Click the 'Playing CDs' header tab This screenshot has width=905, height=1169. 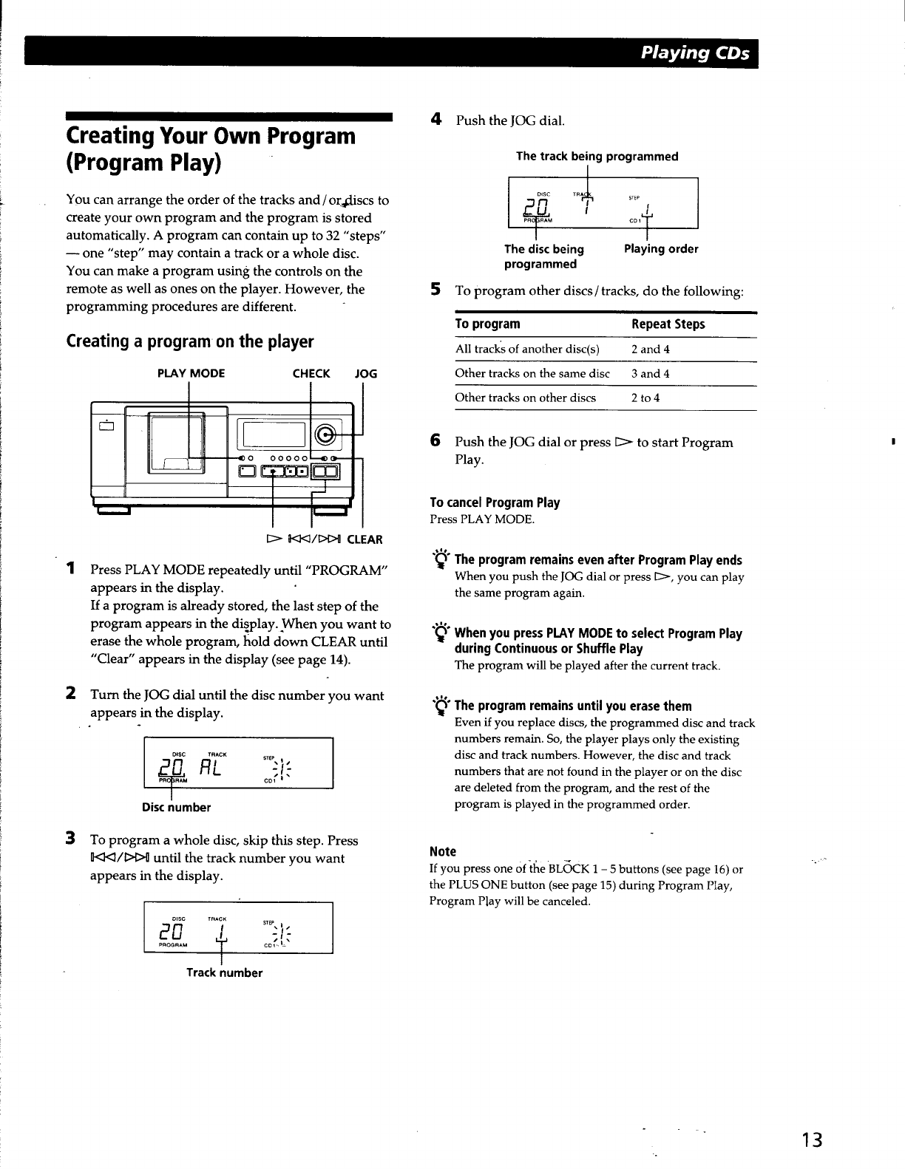tap(694, 52)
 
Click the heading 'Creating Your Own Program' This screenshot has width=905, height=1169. tap(211, 136)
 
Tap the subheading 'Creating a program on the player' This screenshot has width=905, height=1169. tap(190, 341)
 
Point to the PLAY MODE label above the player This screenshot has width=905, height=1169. tap(191, 373)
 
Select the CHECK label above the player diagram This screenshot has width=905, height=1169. tap(311, 373)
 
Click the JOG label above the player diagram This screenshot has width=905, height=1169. tap(366, 373)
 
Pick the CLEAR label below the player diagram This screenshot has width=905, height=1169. tap(365, 539)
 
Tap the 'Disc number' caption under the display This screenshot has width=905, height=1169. tap(176, 807)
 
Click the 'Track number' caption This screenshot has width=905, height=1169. tap(224, 972)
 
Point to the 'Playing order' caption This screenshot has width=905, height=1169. tap(661, 249)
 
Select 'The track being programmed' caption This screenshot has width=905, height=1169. tap(597, 156)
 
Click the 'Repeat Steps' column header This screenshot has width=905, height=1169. tap(668, 324)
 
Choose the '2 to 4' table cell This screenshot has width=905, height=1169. tap(645, 398)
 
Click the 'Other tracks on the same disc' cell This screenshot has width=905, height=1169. tap(532, 373)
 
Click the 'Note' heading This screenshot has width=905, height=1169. tap(443, 851)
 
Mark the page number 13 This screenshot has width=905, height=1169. tap(813, 1139)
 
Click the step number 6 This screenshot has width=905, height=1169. tap(436, 440)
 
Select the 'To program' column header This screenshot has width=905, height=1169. tap(487, 324)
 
